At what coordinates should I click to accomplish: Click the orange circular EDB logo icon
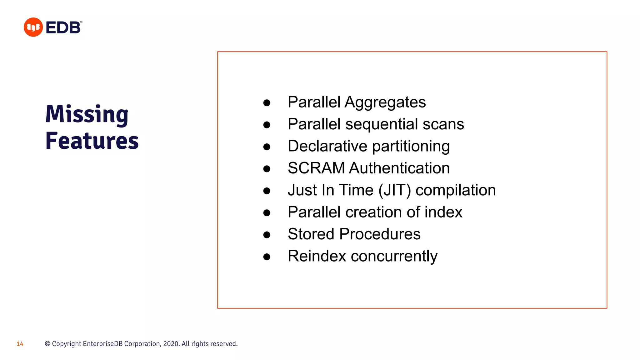[33, 27]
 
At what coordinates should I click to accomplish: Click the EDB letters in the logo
[63, 27]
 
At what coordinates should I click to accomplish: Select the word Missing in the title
[87, 114]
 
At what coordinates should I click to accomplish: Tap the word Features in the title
[92, 141]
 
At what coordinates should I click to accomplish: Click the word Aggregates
[385, 102]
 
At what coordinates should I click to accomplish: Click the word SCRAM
[316, 168]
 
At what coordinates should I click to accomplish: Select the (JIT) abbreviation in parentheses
[394, 190]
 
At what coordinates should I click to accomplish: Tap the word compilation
[456, 190]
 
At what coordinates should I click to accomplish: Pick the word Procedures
[380, 234]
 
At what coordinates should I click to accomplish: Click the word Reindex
[317, 256]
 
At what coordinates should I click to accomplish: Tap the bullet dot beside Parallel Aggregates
[267, 103]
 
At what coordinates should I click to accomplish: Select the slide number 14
[20, 344]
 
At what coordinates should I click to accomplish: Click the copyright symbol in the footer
[47, 344]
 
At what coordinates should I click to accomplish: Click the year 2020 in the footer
[171, 344]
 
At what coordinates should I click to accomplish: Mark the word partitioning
[411, 147]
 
